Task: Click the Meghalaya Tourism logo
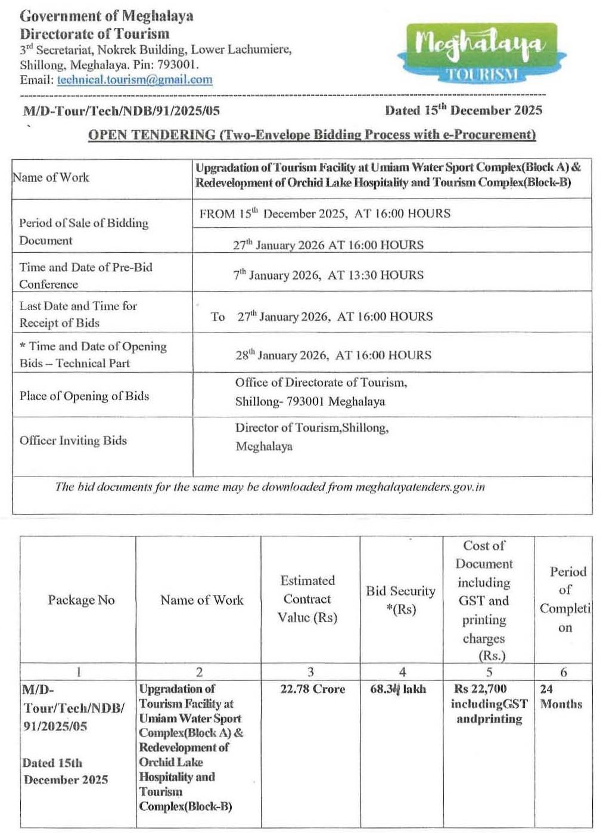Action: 481,52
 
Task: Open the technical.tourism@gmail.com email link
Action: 135,80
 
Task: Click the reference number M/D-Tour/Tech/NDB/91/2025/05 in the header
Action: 122,110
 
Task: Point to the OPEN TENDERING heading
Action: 312,135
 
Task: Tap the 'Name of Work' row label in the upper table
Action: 51,177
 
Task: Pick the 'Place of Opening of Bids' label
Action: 84,396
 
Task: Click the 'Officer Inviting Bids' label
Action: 73,441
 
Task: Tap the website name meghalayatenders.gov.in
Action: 420,487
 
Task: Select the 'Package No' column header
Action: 81,600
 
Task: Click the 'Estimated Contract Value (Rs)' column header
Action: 307,599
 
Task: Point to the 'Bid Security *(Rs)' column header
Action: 400,600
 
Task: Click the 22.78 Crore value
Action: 312,689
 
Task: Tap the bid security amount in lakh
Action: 398,689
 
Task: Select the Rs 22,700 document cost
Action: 480,689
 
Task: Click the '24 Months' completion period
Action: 561,696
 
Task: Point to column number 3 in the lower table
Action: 310,672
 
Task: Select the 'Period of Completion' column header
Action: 565,599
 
